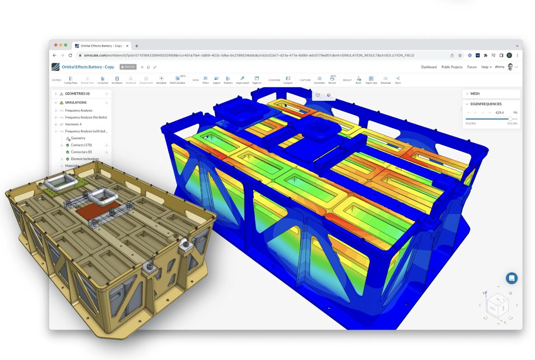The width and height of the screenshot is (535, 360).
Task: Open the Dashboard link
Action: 429,67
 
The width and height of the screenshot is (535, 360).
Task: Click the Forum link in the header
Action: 472,67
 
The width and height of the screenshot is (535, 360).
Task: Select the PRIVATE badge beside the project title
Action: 128,67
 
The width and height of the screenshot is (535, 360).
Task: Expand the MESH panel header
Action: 491,94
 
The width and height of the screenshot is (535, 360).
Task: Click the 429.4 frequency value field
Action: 499,112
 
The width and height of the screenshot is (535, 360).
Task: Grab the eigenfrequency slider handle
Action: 510,119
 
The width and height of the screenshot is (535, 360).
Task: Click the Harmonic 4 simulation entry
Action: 73,124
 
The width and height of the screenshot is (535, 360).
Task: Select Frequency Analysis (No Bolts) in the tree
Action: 86,118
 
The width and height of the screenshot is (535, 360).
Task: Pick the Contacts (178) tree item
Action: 81,145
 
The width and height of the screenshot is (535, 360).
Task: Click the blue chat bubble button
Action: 512,278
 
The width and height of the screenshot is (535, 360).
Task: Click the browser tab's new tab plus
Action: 137,46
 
